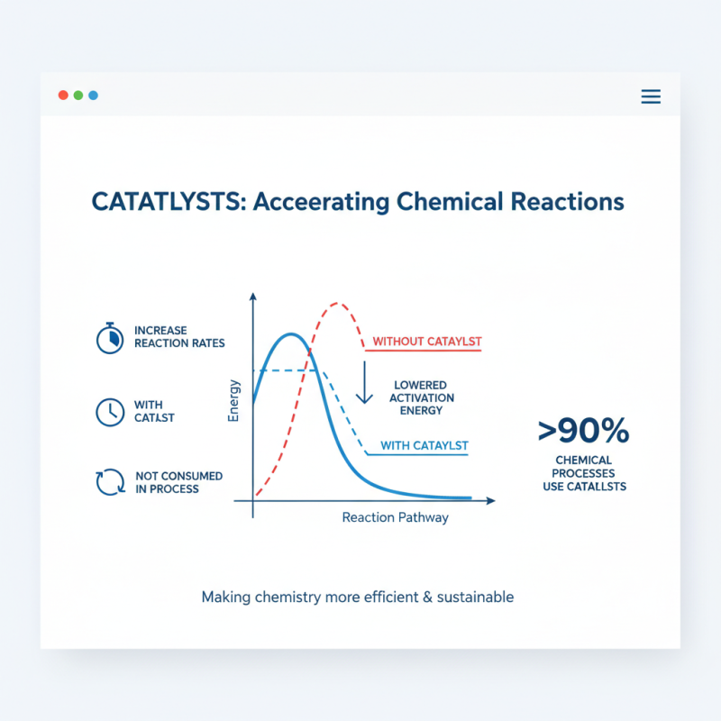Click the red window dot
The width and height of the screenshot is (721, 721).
(x=63, y=96)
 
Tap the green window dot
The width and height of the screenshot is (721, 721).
(x=78, y=96)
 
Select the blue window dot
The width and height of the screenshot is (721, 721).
(x=93, y=96)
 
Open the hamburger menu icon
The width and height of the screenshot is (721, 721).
(x=651, y=96)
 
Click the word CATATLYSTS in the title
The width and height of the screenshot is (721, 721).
(x=168, y=201)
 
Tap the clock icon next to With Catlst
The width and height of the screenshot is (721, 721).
(x=109, y=412)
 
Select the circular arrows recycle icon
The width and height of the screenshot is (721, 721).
(x=109, y=482)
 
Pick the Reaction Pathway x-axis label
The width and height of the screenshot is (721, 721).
(x=395, y=518)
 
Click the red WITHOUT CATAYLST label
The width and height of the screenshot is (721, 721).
(x=427, y=342)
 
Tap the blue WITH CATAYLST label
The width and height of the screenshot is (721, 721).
(x=424, y=446)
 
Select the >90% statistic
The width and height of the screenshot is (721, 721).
(x=583, y=431)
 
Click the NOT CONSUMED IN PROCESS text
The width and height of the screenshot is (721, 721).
(x=178, y=482)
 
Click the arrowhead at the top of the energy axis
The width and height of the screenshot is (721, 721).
(x=253, y=296)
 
